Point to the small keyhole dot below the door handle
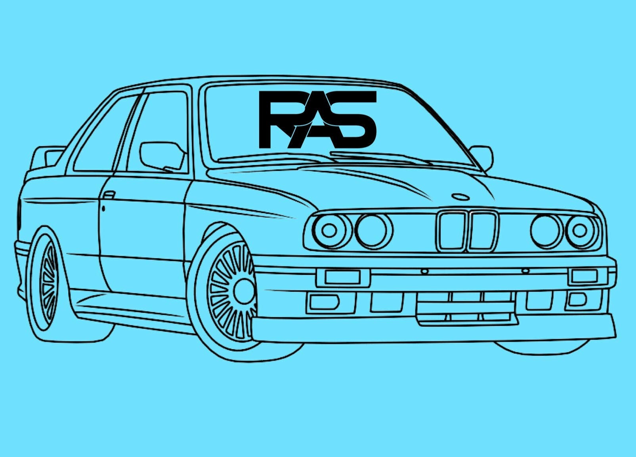(x=103, y=209)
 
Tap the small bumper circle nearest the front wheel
(x=425, y=271)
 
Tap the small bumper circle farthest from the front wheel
(x=526, y=271)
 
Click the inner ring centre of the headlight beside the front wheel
(x=329, y=230)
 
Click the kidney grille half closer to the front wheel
(x=451, y=231)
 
